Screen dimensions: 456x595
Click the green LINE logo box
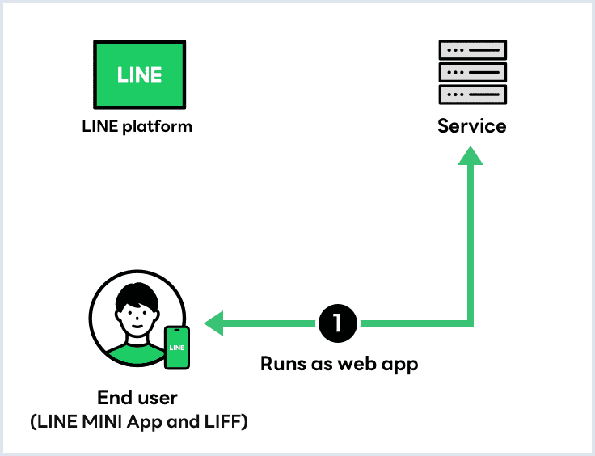coord(139,74)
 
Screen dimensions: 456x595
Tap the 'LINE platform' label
coord(137,126)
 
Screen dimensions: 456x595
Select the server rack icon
coord(472,73)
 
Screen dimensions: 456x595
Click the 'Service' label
coord(472,126)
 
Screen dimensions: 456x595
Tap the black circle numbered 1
coord(338,323)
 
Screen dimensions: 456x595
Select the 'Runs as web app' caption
coord(339,364)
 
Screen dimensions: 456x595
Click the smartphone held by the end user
coord(177,348)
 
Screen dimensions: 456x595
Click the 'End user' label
coord(137,398)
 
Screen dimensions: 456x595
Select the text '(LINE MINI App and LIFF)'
coord(137,421)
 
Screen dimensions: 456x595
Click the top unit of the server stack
coord(472,51)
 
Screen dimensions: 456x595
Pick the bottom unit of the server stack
coord(472,94)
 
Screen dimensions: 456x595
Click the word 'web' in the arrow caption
coord(360,364)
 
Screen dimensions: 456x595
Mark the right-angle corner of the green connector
coord(470,323)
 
